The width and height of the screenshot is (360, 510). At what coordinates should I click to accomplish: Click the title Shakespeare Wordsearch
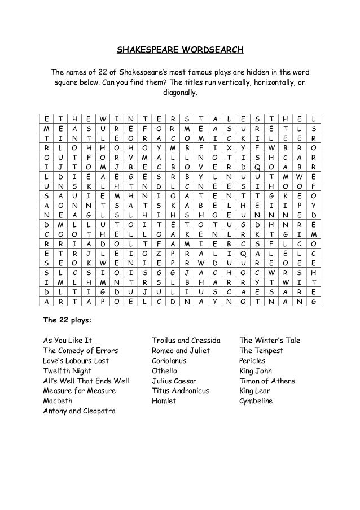click(x=180, y=50)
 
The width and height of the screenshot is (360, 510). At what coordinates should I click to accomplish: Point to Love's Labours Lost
click(x=76, y=361)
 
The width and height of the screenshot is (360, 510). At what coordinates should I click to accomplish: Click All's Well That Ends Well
click(x=86, y=381)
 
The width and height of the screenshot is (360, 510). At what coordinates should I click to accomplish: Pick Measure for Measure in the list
click(x=80, y=391)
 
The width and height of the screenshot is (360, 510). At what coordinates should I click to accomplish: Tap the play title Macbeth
click(x=58, y=401)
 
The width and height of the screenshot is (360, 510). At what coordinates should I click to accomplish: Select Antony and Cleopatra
click(x=80, y=411)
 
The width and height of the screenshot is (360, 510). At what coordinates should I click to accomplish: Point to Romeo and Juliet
click(x=181, y=351)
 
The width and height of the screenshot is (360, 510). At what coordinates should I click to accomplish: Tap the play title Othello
click(x=164, y=371)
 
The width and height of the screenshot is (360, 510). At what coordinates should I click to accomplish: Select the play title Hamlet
click(x=164, y=401)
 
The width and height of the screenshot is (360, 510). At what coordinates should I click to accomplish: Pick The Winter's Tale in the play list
click(x=270, y=341)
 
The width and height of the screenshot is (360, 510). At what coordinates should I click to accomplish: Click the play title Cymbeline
click(x=256, y=401)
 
